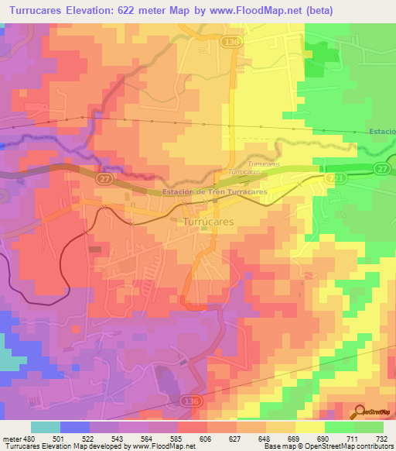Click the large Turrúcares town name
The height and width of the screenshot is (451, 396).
(208, 221)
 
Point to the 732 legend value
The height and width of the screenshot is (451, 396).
(380, 439)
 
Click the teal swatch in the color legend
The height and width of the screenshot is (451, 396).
(45, 427)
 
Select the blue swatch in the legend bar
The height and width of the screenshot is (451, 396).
(75, 427)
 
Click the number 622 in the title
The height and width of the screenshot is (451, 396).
(147, 11)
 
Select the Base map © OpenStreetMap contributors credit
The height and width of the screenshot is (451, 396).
(328, 447)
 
